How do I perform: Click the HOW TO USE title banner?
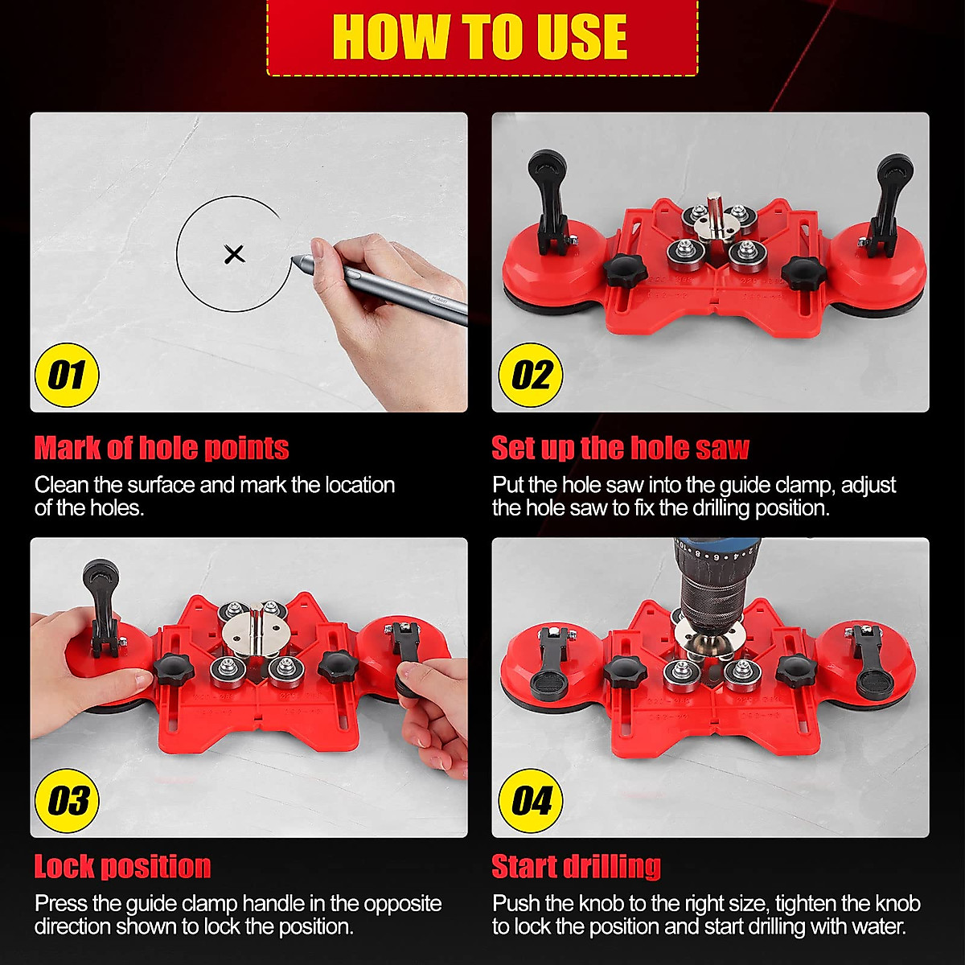click(x=481, y=37)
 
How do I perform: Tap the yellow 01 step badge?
click(x=67, y=376)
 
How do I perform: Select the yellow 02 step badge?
click(x=531, y=376)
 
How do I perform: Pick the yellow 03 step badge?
click(x=67, y=801)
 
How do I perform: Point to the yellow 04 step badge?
click(x=531, y=801)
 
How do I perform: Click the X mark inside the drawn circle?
click(x=234, y=255)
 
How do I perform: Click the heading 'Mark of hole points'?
click(x=162, y=448)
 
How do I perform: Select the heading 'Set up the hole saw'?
click(x=620, y=448)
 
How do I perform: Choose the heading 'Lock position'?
click(x=122, y=867)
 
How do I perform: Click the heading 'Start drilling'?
click(x=576, y=867)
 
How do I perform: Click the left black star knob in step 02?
click(x=626, y=272)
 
